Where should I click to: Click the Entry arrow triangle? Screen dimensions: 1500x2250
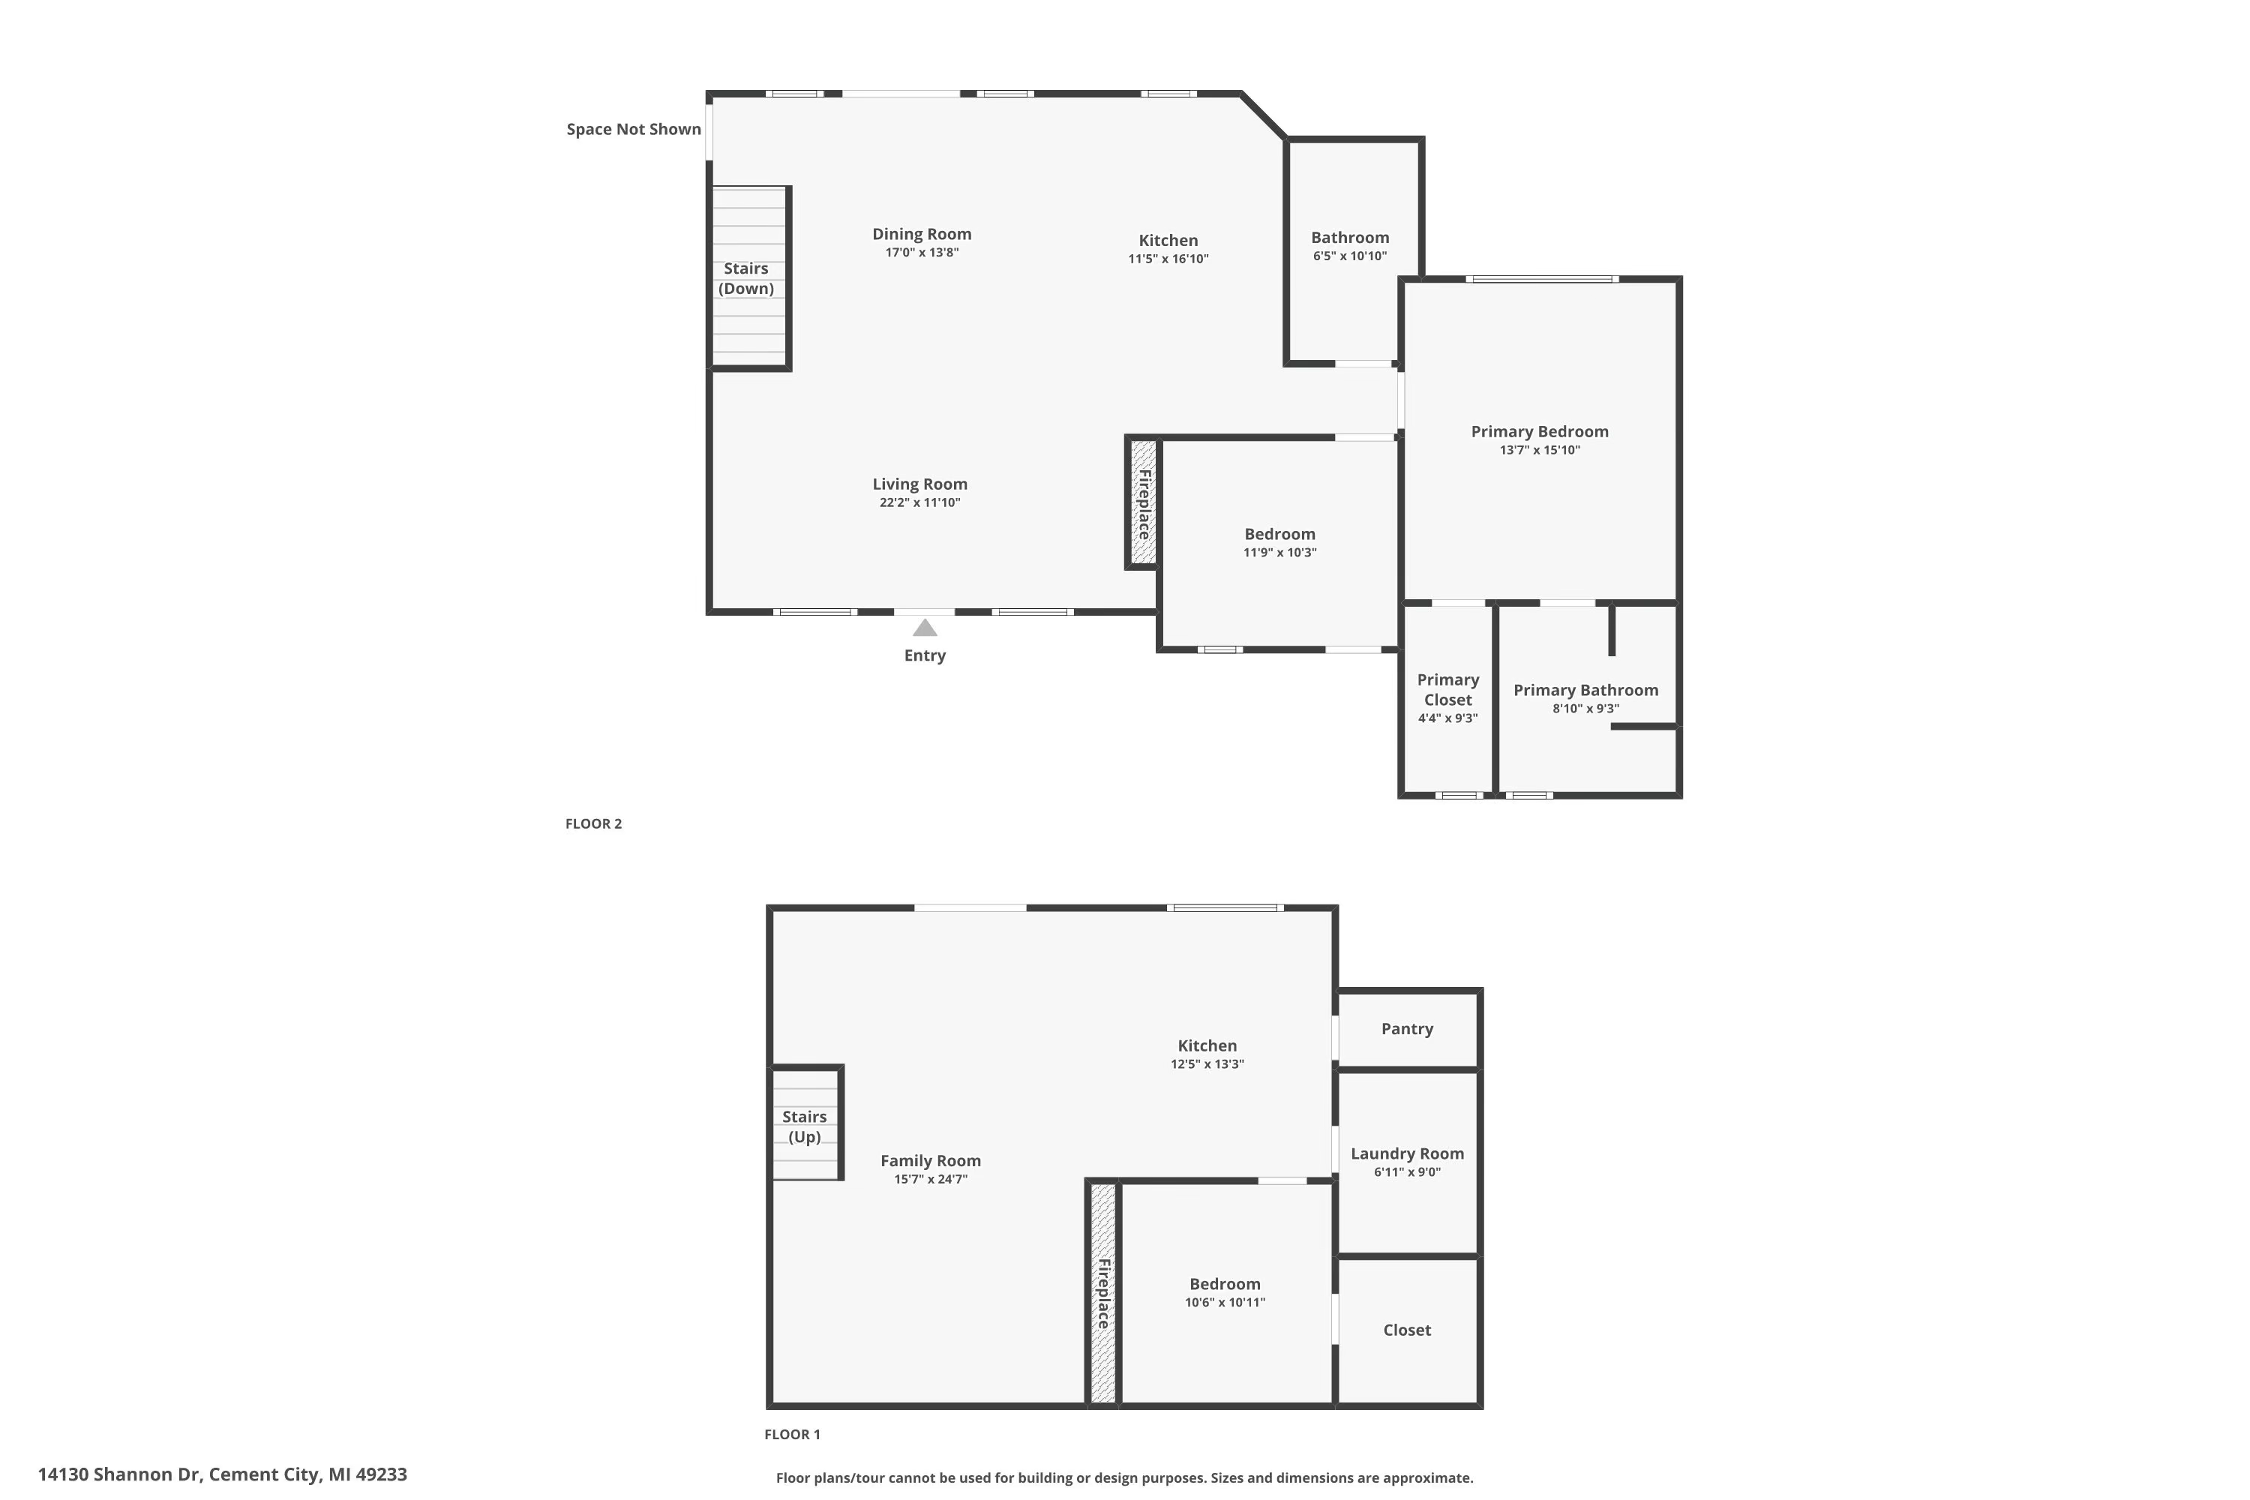point(924,628)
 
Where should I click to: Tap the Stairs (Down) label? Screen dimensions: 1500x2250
point(745,278)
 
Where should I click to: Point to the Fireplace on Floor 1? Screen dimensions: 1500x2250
point(1103,1293)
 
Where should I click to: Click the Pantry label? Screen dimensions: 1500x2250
point(1406,1028)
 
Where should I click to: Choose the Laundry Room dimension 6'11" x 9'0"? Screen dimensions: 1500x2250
point(1406,1171)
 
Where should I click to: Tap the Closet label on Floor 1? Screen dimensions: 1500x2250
point(1406,1330)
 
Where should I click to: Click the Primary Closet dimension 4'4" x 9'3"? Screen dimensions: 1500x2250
point(1447,718)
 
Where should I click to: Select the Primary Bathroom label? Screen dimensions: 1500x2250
point(1585,690)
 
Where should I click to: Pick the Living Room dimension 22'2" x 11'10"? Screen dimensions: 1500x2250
point(919,502)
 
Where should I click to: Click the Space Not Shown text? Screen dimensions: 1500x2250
point(633,129)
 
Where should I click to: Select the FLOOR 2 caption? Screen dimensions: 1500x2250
point(593,823)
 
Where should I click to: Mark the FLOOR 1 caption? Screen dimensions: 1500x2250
point(792,1434)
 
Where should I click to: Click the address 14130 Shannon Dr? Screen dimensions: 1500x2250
point(222,1474)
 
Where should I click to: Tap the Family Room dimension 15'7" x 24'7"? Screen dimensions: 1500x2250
point(930,1180)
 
